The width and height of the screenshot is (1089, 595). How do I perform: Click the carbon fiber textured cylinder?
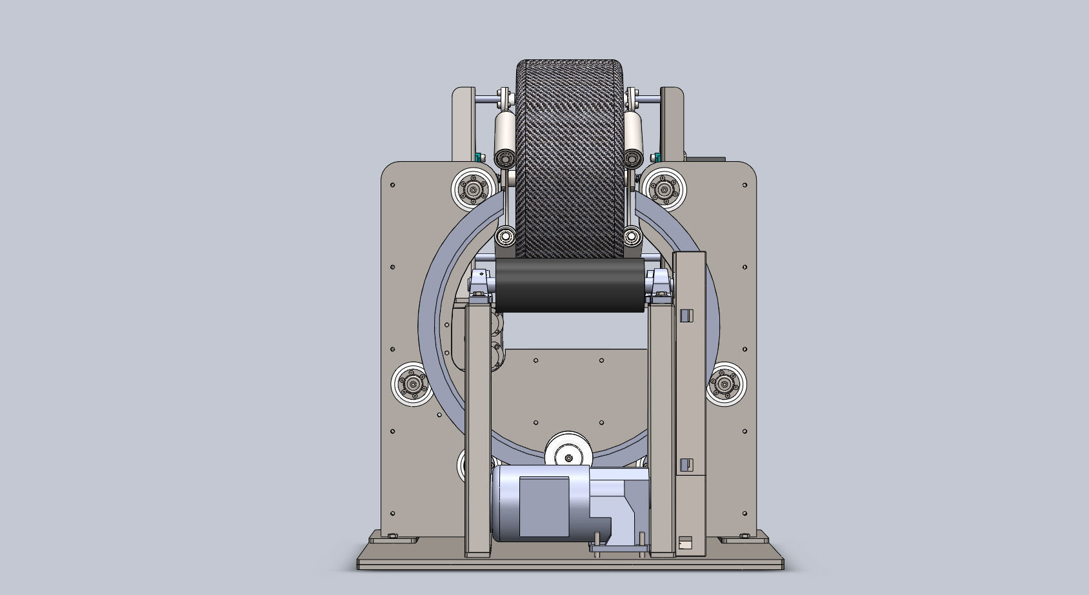coord(570,158)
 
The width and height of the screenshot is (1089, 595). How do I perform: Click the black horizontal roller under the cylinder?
coord(570,285)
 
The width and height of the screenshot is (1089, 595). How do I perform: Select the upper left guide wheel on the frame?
coord(474,189)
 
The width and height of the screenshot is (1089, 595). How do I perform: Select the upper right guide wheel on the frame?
coord(664,188)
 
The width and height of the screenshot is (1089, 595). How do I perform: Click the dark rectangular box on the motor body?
coord(544,507)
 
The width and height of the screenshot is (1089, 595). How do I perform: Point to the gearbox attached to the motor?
coord(619,509)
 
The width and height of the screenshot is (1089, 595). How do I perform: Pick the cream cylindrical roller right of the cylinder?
coord(634,132)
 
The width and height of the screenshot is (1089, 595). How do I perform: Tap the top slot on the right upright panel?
coord(686,315)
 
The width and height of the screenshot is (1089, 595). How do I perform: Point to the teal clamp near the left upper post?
coord(479,157)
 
